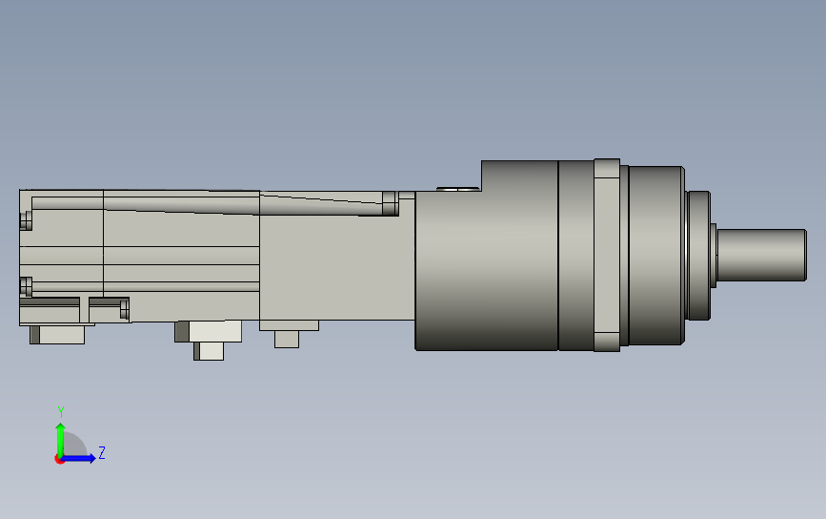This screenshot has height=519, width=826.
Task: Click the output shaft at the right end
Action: (762, 256)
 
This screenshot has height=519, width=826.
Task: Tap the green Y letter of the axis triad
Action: (61, 412)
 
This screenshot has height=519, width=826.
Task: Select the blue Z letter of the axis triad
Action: (102, 452)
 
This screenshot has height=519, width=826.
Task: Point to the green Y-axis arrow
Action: (60, 440)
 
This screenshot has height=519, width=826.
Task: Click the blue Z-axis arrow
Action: (78, 458)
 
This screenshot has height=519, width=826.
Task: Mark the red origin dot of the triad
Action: (59, 460)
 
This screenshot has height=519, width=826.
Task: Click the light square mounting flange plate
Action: (607, 255)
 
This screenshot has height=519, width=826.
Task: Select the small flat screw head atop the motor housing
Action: (458, 188)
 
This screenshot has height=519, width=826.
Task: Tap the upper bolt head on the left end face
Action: (26, 220)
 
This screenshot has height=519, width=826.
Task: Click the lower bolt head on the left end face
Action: (26, 286)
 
